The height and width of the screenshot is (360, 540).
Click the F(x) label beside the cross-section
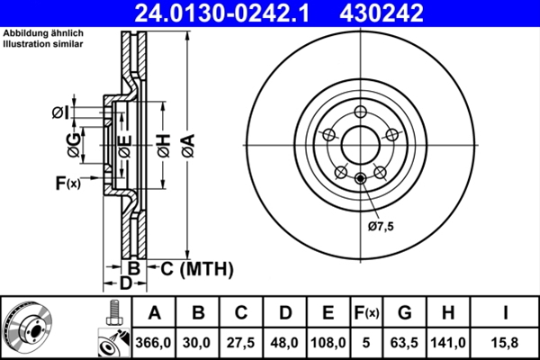(67, 184)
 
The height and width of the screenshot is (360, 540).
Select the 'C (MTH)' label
(196, 268)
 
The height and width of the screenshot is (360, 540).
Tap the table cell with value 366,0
(155, 342)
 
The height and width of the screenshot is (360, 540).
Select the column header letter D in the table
(284, 313)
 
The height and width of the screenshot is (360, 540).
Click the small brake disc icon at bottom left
(27, 329)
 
